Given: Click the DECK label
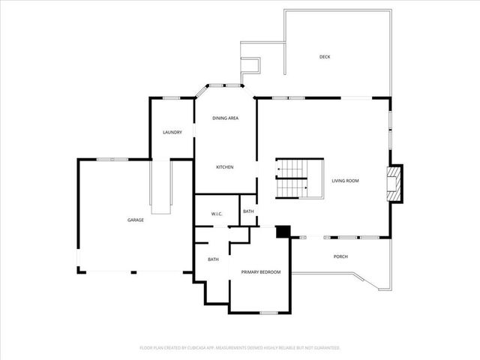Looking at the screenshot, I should click(325, 57).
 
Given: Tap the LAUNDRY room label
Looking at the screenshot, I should click(172, 133).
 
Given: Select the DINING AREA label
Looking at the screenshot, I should click(225, 118).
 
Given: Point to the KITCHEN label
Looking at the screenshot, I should click(225, 166).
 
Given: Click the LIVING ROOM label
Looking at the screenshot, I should click(346, 181).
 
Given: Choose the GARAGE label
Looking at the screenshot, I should click(135, 220).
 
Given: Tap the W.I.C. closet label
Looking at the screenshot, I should click(217, 214).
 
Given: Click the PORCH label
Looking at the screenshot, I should click(340, 256).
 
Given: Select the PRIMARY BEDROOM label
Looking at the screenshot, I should click(260, 271).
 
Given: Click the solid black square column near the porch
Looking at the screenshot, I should click(283, 232).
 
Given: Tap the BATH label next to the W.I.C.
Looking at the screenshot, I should click(248, 211).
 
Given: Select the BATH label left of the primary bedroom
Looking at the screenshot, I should click(213, 259).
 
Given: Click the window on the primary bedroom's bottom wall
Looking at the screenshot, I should click(270, 312).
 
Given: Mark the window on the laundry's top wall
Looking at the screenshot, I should click(171, 98).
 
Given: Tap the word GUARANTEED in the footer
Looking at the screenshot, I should click(325, 348).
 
